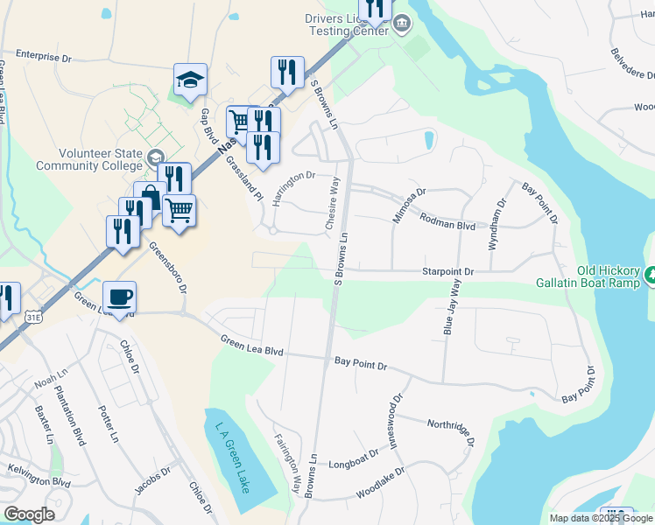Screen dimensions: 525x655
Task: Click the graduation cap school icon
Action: pyautogui.click(x=190, y=80)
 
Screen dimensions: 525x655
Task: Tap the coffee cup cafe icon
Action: pyautogui.click(x=119, y=296)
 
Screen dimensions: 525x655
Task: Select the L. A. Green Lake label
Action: pyautogui.click(x=231, y=457)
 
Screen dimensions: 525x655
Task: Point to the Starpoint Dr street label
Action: pyautogui.click(x=447, y=272)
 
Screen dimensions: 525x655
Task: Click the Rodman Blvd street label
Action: pyautogui.click(x=447, y=224)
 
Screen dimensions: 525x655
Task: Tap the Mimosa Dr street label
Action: pyautogui.click(x=408, y=204)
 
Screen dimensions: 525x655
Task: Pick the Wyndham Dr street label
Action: pyautogui.click(x=497, y=225)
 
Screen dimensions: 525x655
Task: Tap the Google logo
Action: pyautogui.click(x=29, y=514)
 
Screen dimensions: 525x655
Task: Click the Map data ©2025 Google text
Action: pyautogui.click(x=600, y=518)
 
